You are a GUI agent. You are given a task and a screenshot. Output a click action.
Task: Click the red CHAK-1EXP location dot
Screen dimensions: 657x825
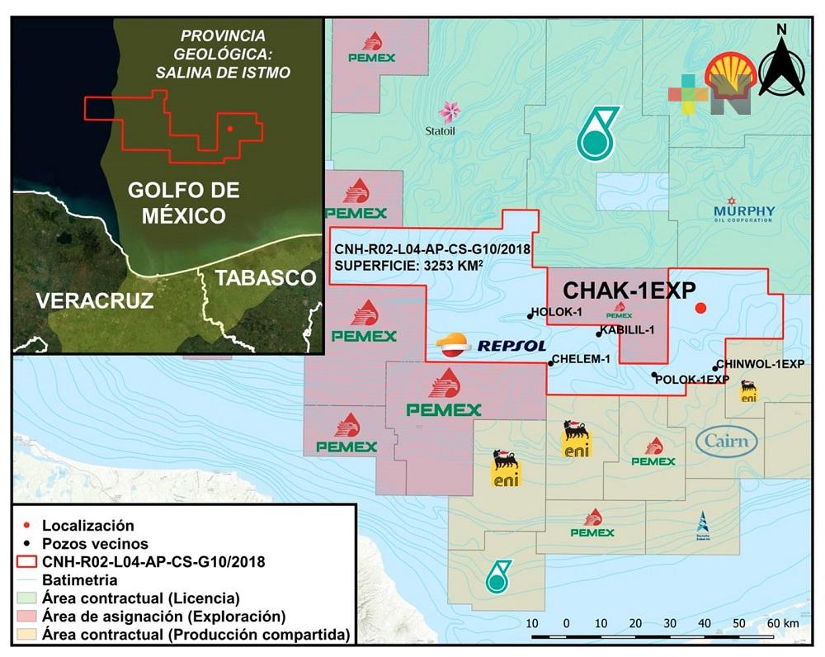tap(700, 308)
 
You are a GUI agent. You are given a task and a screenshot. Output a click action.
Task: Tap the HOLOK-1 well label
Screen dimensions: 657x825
tap(560, 312)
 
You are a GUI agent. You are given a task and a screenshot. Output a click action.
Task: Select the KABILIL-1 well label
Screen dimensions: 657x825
tap(628, 330)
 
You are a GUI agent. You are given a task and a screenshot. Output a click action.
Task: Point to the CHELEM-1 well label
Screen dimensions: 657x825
tap(582, 359)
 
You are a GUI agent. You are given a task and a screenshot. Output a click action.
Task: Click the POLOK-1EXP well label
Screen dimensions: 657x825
tap(693, 379)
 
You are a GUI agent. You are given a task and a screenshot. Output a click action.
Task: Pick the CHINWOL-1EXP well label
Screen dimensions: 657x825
tap(760, 363)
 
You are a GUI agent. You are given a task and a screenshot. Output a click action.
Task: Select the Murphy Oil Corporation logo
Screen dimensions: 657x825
tap(743, 210)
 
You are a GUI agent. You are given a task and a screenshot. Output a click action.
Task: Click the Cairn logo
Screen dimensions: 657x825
tap(727, 441)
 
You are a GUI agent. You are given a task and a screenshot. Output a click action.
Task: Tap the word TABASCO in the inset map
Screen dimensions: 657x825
tap(266, 277)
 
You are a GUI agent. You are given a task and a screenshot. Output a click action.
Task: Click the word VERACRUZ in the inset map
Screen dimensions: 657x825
tap(94, 300)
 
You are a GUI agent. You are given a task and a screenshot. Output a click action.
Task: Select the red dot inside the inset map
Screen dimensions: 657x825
tap(229, 129)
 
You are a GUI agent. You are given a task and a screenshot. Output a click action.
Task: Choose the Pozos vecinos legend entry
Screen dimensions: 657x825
tap(95, 543)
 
